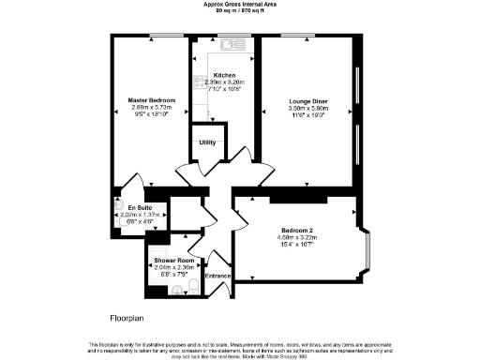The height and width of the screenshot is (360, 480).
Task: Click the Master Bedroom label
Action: pos(152,99)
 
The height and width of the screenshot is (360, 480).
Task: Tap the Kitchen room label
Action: pos(224,75)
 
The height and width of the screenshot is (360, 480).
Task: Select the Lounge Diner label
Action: pos(307,99)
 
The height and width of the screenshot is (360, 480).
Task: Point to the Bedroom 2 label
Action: pos(298,230)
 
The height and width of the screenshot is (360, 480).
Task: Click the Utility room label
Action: pos(207,142)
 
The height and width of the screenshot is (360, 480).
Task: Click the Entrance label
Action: pos(217,276)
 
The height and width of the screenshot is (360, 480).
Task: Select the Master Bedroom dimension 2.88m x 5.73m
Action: pos(152,107)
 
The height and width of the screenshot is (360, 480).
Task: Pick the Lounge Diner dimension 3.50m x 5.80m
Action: pos(307,108)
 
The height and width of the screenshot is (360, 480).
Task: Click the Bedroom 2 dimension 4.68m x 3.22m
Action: pos(298,237)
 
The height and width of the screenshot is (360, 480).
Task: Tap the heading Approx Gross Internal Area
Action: pos(239,5)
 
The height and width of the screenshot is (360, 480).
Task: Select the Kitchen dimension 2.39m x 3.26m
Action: pos(224,82)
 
